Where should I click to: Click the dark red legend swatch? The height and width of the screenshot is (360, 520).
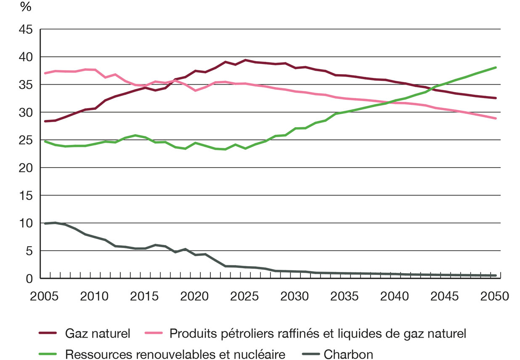[40, 330]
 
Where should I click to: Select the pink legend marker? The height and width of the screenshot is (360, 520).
[151, 331]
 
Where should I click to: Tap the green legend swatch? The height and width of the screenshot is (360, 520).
[40, 351]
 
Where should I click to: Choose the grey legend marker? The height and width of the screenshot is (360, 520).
[308, 352]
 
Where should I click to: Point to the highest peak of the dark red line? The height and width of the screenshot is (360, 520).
[244, 64]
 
